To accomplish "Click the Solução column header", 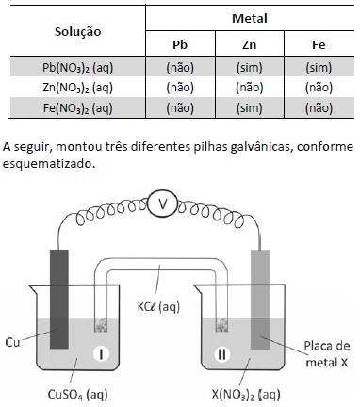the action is pos(78,32).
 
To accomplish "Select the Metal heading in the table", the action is pos(250,18).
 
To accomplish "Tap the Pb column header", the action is pos(180,44).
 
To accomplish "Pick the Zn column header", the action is pos(250,44).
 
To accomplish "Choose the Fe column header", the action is pos(319,44).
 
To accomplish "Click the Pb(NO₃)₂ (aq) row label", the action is pos(78,68).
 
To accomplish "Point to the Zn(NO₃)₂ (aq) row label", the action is pos(78,88).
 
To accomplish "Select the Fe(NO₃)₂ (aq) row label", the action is pos(78,108).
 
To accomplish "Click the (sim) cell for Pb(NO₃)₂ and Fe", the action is pos(319,68).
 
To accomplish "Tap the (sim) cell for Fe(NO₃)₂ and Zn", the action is pos(250,108).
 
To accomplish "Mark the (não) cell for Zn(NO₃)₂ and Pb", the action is pos(180,88).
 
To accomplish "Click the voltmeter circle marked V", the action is pos(162,204).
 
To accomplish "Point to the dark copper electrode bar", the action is pos(59,299).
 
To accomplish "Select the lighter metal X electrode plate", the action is pos(260,300).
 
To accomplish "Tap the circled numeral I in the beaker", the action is pos(101,354).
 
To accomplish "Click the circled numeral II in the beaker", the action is pos(221,354).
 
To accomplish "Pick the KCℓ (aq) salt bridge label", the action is pos(158,307).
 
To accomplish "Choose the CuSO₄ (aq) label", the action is pos(77,394).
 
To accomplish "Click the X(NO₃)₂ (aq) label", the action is pos(246,394).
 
